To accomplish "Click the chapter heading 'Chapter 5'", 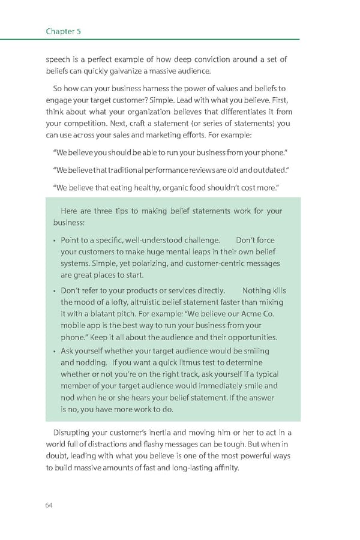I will pyautogui.click(x=64, y=31).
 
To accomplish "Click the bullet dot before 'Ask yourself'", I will pyautogui.click(x=53, y=352).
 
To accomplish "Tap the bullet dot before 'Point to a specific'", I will pyautogui.click(x=53, y=241).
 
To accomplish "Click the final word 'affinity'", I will pyautogui.click(x=222, y=468).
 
